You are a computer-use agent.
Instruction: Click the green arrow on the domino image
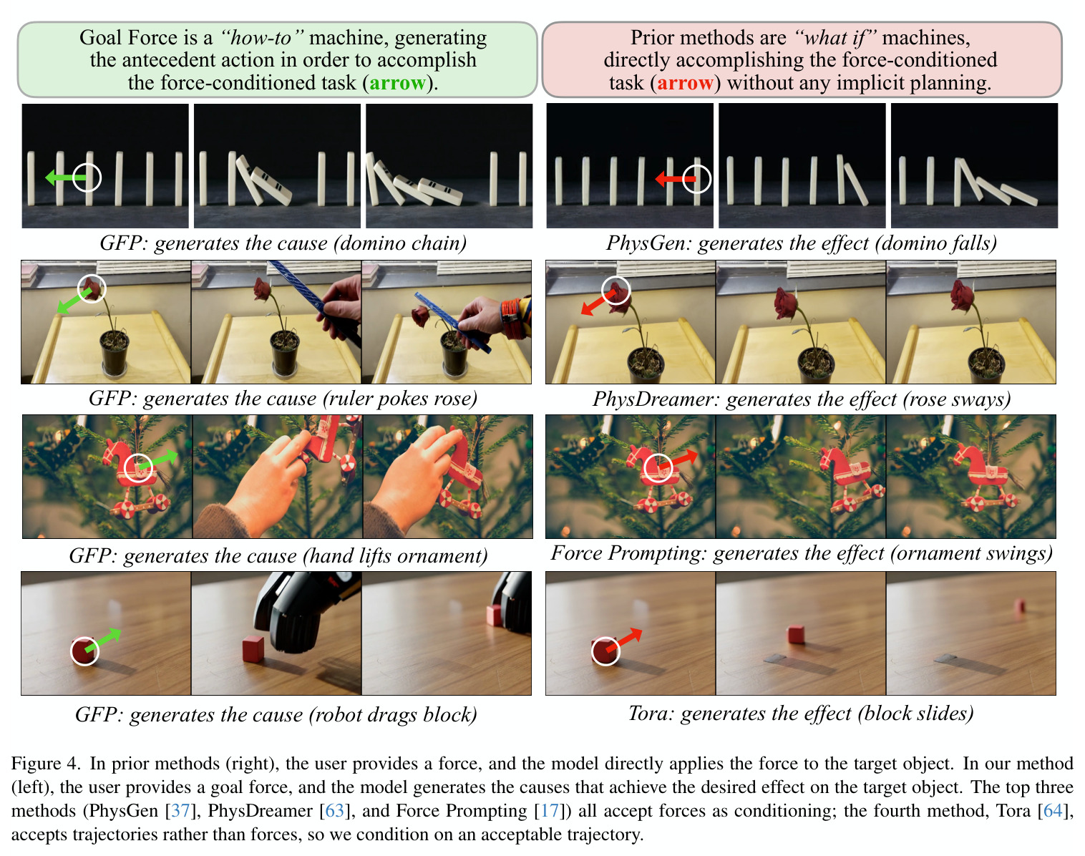tap(66, 177)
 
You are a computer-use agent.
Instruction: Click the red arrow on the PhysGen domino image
tap(676, 178)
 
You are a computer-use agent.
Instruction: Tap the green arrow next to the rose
tap(74, 301)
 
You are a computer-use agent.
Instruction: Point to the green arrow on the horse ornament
tap(158, 461)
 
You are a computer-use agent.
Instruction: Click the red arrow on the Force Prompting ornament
tap(678, 460)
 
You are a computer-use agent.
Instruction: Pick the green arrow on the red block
tap(103, 640)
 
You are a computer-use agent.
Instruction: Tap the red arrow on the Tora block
tap(624, 641)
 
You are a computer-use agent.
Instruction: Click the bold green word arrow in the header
tap(398, 83)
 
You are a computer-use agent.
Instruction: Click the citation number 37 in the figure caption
tap(180, 811)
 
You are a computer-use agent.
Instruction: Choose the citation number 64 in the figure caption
tap(1052, 811)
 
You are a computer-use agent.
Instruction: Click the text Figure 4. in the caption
tap(45, 764)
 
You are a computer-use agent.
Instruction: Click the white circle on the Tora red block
tap(605, 651)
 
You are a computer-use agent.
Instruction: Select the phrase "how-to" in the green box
tap(263, 38)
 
